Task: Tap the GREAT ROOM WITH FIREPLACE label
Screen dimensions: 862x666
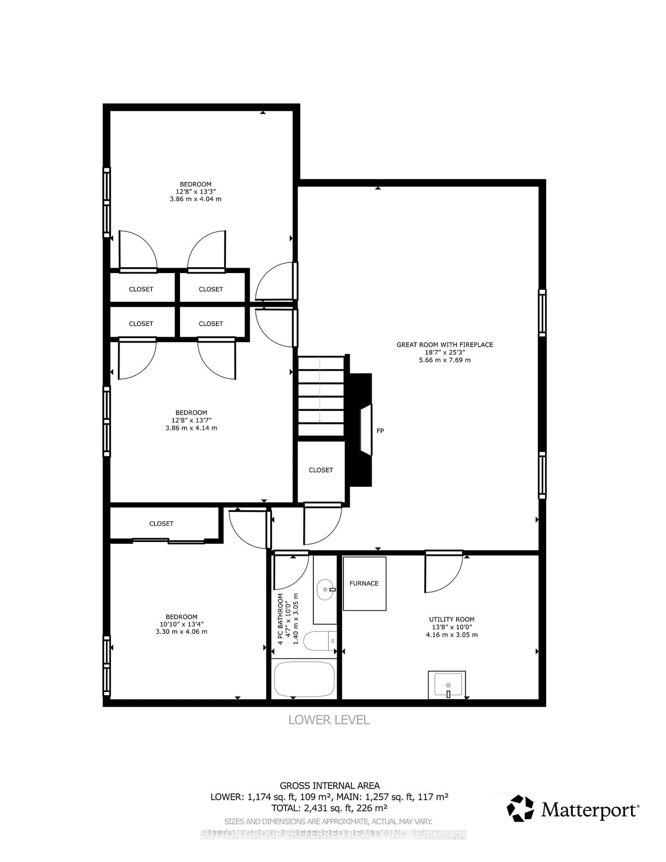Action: coord(445,345)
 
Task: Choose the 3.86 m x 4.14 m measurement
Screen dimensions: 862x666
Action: coord(191,428)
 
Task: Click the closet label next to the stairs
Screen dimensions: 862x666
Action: coord(321,470)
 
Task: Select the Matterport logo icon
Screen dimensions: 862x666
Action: coord(520,809)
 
